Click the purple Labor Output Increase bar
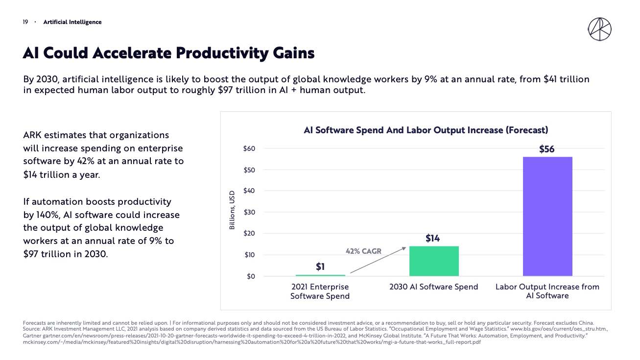point(547,216)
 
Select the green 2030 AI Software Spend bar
point(434,261)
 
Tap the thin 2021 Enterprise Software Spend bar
point(320,275)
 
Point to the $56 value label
point(546,149)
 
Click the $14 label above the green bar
point(432,239)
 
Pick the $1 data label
point(320,267)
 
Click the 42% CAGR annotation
point(363,251)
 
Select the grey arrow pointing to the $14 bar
point(378,260)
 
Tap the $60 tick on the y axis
point(249,148)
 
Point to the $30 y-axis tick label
point(249,212)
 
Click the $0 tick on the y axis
point(251,276)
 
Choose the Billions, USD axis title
point(233,210)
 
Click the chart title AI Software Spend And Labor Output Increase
point(426,130)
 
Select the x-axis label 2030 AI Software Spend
point(433,287)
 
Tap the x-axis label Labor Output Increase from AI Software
point(547,291)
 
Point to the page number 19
point(25,22)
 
